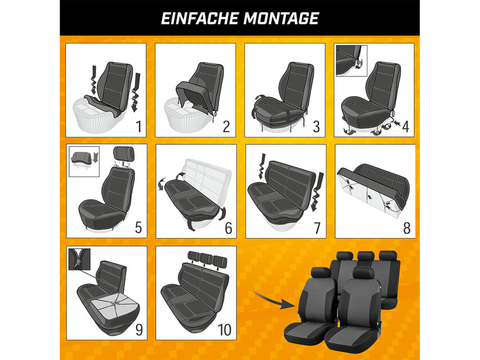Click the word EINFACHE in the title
200,19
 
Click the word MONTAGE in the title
281,19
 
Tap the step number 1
139,126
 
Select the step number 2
226,126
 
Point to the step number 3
316,126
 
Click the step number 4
405,126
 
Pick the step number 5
139,228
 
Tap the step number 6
228,228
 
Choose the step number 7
317,228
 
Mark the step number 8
407,228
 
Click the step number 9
139,330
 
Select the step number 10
224,330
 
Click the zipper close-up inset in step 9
80,259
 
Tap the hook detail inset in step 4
351,60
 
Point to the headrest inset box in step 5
84,162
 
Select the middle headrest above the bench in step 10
206,259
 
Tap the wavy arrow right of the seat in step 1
136,92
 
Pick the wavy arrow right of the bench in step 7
316,192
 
